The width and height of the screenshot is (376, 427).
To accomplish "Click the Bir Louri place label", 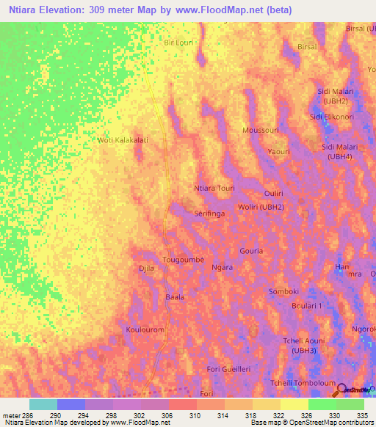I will click(x=178, y=43).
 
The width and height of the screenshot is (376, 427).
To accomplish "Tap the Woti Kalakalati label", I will click(x=123, y=140).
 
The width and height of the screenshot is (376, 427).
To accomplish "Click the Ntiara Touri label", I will click(x=214, y=189).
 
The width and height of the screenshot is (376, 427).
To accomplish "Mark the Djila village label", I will click(x=147, y=269).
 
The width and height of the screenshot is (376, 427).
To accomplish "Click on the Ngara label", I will click(x=222, y=268).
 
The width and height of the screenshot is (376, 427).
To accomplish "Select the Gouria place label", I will click(x=271, y=250).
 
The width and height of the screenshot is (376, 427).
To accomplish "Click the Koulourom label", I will click(x=145, y=330).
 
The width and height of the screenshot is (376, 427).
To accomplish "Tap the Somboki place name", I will click(x=283, y=291).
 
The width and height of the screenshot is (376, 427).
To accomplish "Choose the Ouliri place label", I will click(x=274, y=192).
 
